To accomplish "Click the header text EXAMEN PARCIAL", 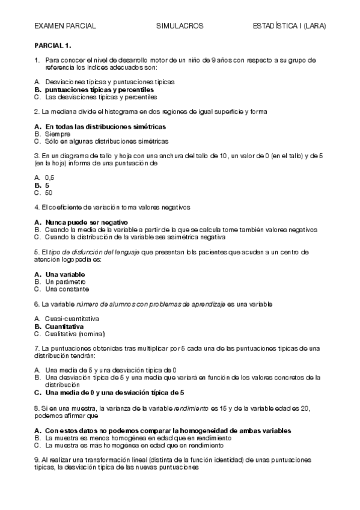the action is (65, 26).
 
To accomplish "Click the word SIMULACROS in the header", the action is (180, 26).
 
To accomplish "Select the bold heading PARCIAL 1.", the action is (53, 46).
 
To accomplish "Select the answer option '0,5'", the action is (50, 178).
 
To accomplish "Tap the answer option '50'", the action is (49, 193).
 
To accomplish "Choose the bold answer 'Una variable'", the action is (65, 274).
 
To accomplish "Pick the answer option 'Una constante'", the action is (67, 289).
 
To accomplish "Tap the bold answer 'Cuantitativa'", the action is (69, 326).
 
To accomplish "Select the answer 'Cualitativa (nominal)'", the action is (75, 333).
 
